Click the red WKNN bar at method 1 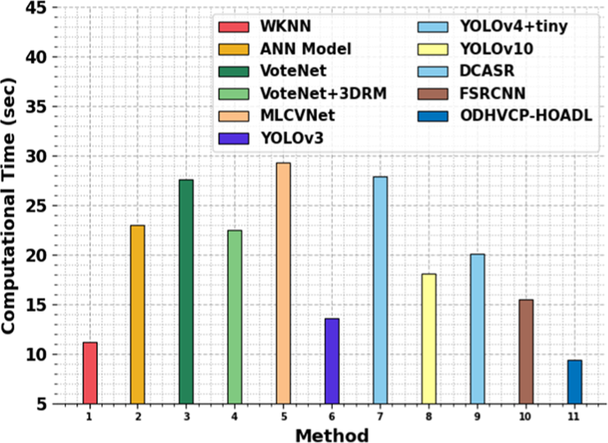90,373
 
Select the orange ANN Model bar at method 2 138,314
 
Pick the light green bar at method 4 234,317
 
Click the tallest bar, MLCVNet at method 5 283,283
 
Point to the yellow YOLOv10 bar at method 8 429,338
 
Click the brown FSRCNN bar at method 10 525,352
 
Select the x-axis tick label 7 380,415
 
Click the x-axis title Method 332,434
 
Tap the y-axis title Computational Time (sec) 11,206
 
